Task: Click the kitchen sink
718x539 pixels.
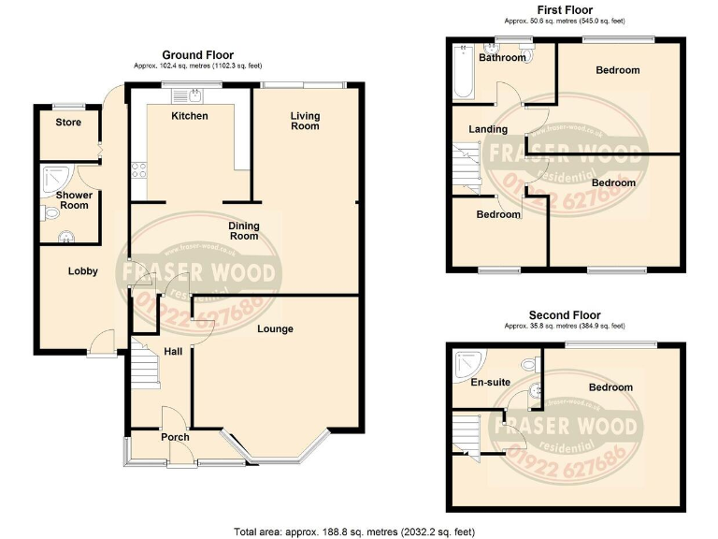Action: click(194, 95)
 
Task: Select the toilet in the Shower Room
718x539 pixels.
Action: click(50, 213)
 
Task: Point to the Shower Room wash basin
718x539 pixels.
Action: click(66, 236)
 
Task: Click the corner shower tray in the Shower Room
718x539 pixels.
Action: click(54, 176)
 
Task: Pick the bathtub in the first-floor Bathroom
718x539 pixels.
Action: click(463, 71)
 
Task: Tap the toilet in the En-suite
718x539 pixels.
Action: click(530, 363)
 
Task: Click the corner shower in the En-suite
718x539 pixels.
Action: click(466, 363)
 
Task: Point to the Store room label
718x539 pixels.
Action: click(68, 123)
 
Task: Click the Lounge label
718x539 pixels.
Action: click(276, 328)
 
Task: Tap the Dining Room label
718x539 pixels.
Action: click(244, 230)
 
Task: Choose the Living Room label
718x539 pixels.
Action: click(305, 121)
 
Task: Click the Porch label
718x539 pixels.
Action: click(175, 437)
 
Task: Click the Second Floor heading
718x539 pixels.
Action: click(565, 315)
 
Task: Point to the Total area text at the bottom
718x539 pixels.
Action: click(358, 531)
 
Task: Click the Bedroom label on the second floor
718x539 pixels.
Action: click(610, 387)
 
